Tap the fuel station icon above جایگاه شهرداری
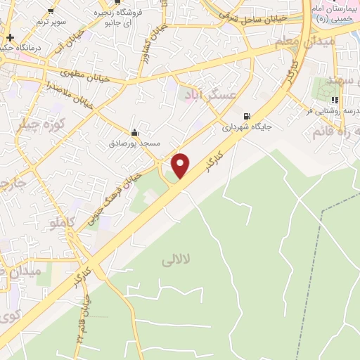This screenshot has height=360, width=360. (246, 117)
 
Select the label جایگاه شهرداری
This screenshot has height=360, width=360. (247, 127)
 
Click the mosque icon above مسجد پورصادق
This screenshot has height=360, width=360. (134, 132)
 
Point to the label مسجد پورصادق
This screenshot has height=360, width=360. (134, 143)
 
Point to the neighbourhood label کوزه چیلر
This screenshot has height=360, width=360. (35, 124)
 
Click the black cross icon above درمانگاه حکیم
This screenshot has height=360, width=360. (10, 37)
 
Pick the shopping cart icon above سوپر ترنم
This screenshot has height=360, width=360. (51, 11)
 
